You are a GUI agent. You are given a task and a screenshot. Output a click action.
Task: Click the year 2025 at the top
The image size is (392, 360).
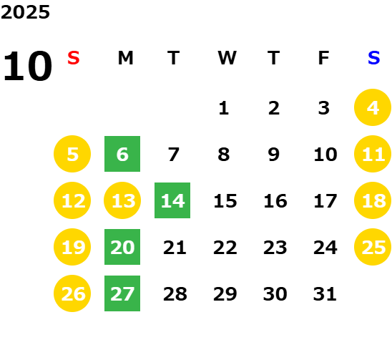pos(25,12)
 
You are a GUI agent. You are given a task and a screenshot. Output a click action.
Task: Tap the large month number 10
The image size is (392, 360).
pos(27,66)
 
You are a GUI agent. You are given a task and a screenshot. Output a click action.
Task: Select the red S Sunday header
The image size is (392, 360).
pos(74,58)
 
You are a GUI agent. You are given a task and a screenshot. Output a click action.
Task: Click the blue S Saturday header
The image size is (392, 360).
pos(373,58)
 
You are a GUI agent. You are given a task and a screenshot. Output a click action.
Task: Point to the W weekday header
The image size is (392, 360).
pos(227,58)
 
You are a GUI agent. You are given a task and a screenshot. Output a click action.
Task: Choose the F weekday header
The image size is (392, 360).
pos(323,58)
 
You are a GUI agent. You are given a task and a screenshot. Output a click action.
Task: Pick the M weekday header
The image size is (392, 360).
pos(125,58)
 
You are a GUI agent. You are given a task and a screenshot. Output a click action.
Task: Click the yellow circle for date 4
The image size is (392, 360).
pos(373,107)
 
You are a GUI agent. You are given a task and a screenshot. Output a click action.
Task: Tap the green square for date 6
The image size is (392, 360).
pos(122,154)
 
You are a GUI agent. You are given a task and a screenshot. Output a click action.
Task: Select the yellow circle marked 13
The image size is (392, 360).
pos(122,200)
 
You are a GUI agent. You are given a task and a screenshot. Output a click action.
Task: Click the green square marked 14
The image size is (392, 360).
pos(172,200)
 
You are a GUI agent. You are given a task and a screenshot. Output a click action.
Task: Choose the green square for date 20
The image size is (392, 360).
pos(122,247)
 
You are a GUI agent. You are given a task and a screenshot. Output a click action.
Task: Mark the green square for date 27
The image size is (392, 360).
pos(122,293)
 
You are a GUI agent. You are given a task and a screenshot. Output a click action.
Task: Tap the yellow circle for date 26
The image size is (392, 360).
pos(72,293)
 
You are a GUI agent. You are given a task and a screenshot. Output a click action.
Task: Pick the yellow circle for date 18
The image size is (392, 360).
pos(373,200)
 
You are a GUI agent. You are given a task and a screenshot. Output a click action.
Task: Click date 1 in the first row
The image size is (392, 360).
pos(223,108)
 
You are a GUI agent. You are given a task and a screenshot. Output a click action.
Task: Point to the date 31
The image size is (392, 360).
pos(325,294)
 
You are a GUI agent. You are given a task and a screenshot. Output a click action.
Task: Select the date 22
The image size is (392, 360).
pos(225,248)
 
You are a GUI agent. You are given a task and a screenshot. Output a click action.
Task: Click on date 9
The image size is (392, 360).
pos(273,155)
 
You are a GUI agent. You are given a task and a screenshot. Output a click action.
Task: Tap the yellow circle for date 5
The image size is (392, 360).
pos(72,154)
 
